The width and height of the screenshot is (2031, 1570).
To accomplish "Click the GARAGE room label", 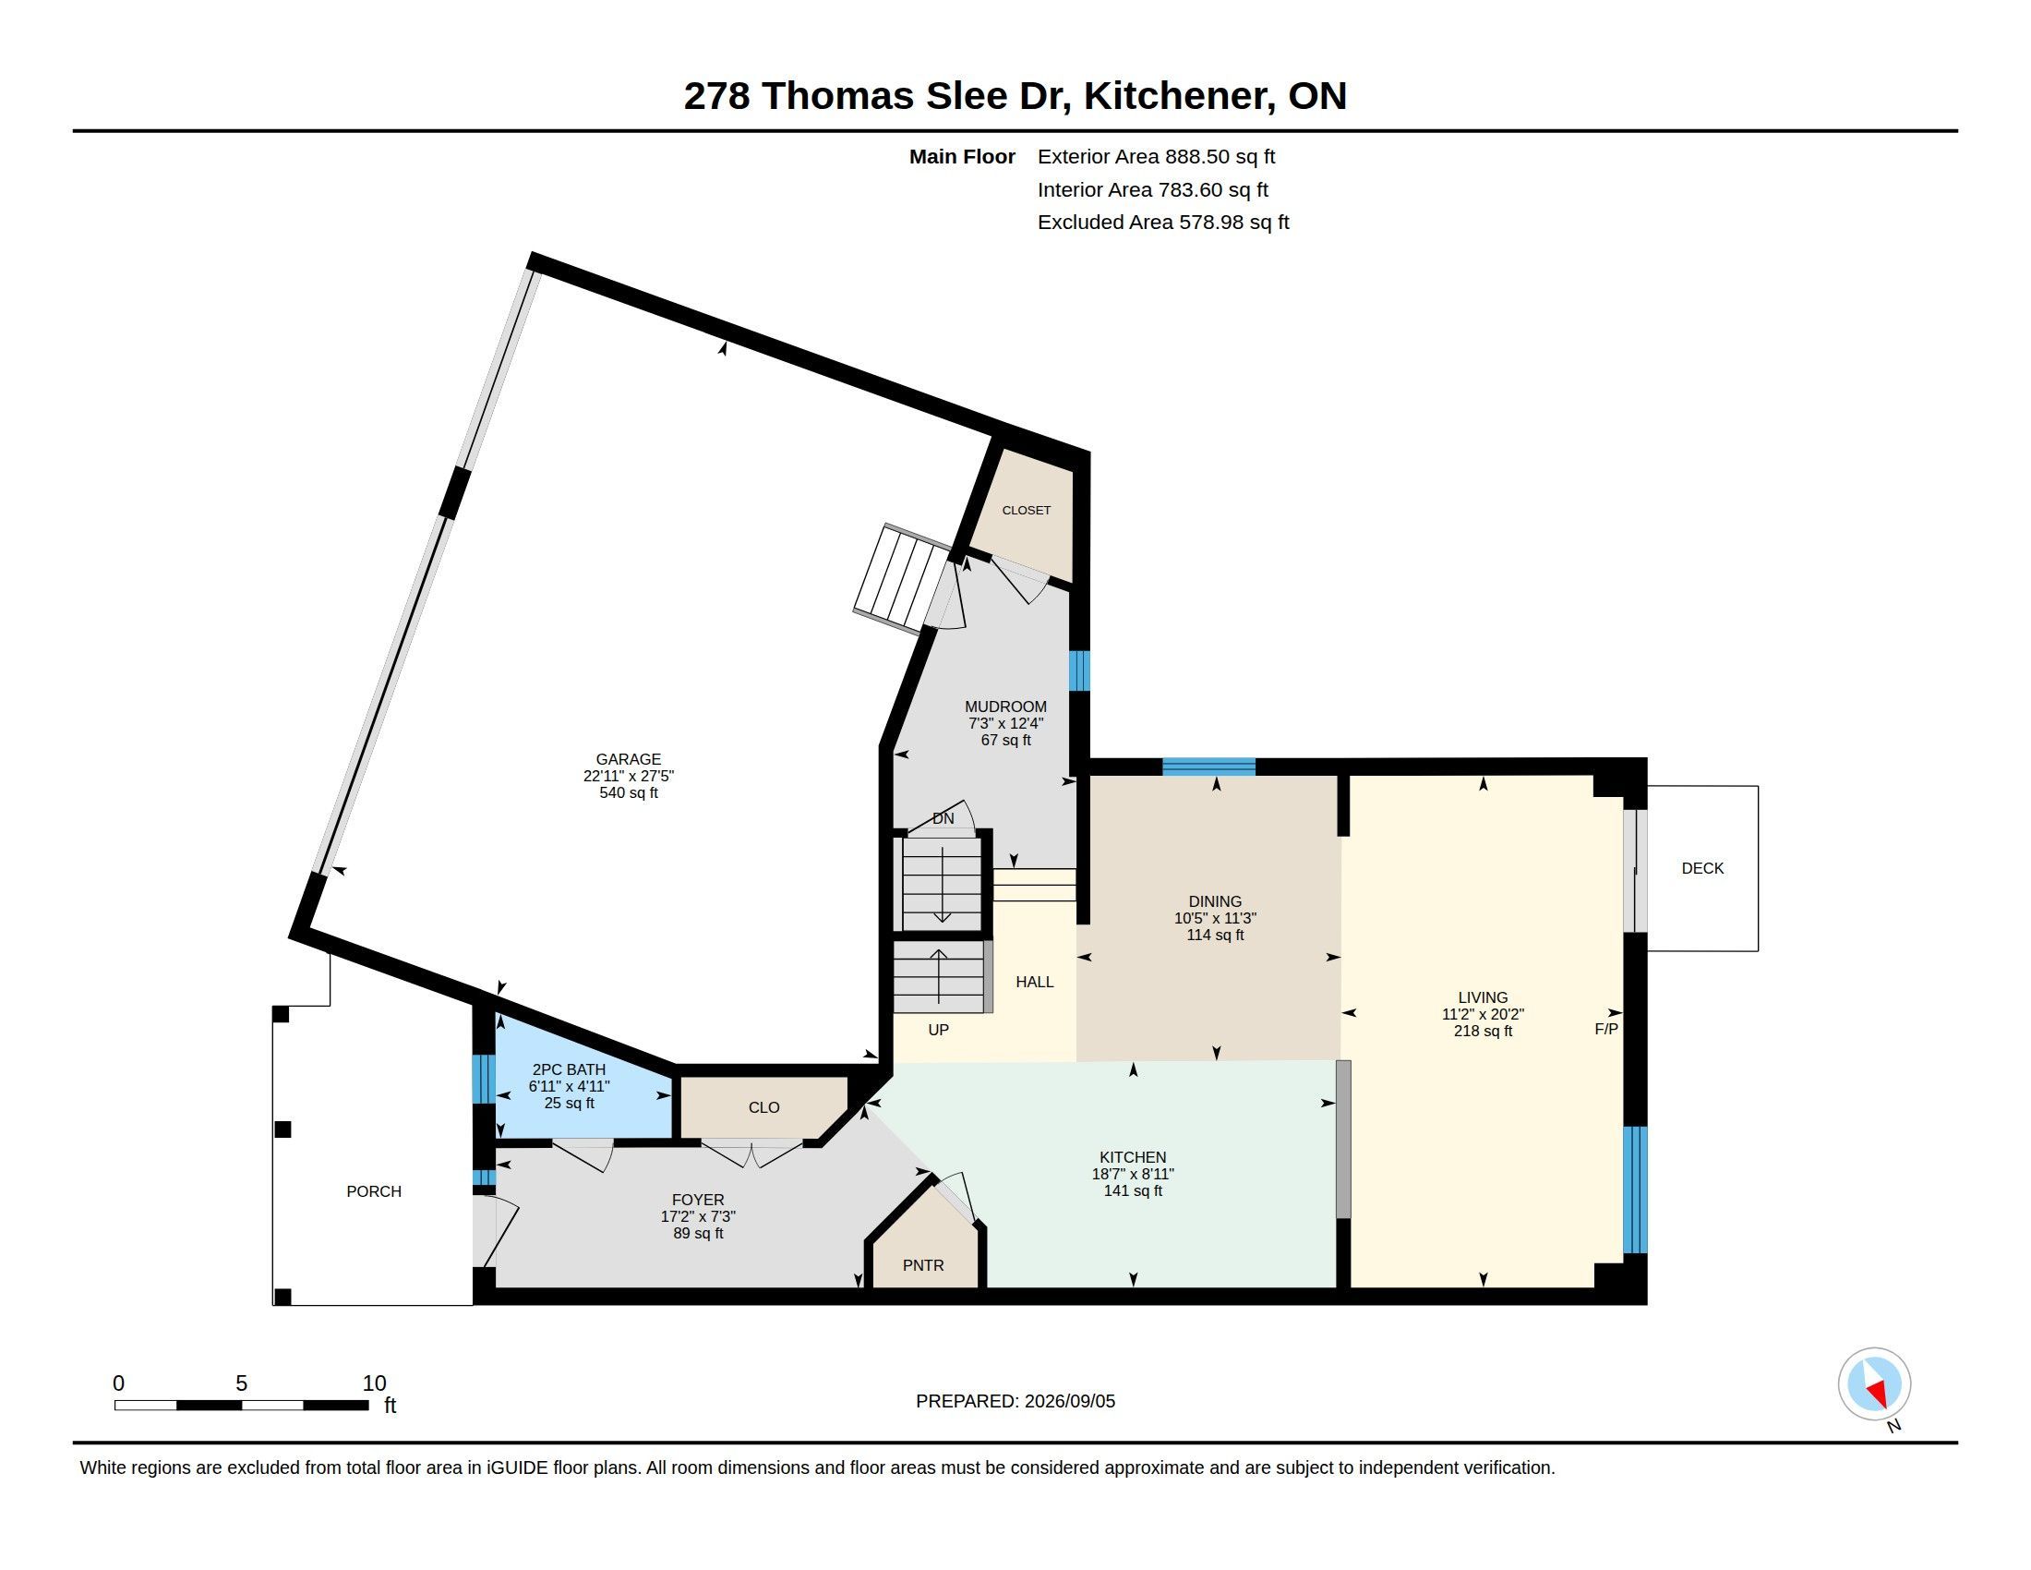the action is (x=629, y=759).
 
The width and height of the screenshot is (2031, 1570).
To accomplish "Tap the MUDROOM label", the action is (x=1005, y=706).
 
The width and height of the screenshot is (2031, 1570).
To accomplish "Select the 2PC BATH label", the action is (x=568, y=1069).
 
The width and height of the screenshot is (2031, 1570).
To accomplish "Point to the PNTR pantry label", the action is (x=923, y=1266).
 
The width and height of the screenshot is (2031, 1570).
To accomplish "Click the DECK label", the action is (x=1702, y=868).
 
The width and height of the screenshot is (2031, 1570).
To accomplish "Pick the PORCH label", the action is (x=374, y=1191).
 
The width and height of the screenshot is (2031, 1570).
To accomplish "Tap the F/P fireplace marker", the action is (x=1606, y=1029).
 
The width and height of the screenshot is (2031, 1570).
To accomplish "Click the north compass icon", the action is (x=1874, y=1384).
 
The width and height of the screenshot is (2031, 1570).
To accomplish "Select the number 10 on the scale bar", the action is (x=374, y=1383).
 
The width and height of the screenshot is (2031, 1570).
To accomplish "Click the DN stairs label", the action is (x=943, y=818).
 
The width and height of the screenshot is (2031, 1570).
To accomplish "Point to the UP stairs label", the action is (x=938, y=1030).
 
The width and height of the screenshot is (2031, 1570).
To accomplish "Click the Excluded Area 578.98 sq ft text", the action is (x=1163, y=223).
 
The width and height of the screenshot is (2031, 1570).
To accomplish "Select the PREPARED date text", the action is (x=1015, y=1401).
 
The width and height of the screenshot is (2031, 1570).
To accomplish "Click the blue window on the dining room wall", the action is (x=1209, y=767).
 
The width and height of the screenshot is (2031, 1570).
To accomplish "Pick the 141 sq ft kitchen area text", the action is (x=1133, y=1190).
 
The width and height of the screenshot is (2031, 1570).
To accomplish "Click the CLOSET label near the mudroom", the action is (x=1027, y=511).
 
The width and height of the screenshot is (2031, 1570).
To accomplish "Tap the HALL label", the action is (x=1035, y=981).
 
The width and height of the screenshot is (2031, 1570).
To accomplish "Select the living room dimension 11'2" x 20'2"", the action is (x=1484, y=1014).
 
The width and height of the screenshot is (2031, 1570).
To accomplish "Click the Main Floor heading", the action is (x=962, y=156).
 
